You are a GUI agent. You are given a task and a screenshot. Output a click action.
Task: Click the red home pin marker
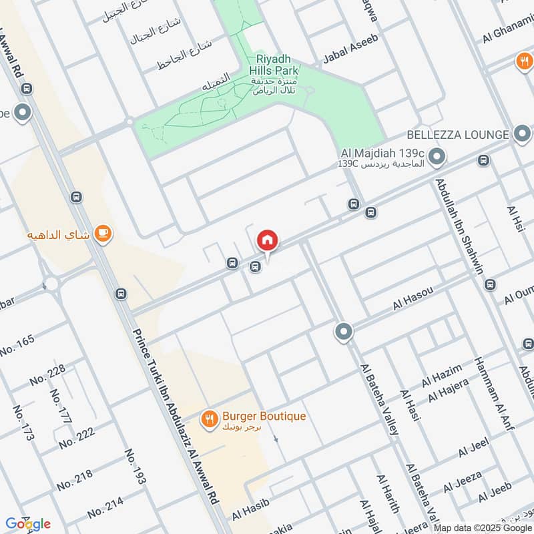coord(267,240)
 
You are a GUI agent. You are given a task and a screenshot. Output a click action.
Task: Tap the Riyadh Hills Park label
coord(274,63)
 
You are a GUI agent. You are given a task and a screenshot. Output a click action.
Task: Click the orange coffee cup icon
coord(102,233)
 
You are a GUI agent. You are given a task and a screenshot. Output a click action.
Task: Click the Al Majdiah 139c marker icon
coord(437,158)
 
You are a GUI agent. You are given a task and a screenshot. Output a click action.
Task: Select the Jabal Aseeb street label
coord(350,49)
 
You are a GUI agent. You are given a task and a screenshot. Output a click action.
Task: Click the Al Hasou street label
coord(413,298)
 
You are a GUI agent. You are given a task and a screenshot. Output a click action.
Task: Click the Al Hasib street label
coord(250,512)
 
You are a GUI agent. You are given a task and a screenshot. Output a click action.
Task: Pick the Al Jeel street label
coord(474,447)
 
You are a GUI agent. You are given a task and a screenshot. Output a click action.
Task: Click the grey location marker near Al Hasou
coord(344,331)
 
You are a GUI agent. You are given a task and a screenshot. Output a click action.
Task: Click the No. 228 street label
coord(47,376)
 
